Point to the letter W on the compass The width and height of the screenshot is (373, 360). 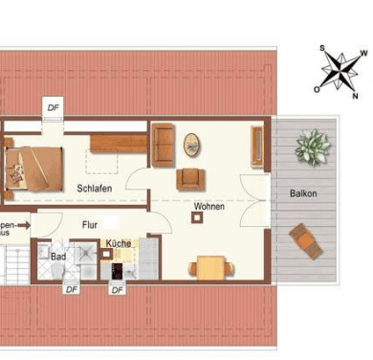362,55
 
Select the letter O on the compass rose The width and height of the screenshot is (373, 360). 317,87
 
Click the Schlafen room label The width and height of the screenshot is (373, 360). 95,189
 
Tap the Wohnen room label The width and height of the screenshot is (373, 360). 208,207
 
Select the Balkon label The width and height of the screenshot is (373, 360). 303,193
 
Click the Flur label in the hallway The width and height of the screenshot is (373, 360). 89,226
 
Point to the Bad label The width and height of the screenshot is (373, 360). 57,257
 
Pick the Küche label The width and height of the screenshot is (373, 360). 119,244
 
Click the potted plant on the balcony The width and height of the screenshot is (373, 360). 312,147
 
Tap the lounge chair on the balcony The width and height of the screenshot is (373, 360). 306,239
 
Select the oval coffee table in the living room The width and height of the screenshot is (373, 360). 192,145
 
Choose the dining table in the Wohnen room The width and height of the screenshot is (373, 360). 209,265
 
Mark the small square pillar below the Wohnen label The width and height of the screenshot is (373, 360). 197,217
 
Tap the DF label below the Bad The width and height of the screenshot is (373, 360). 71,288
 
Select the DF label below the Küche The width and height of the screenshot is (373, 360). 117,288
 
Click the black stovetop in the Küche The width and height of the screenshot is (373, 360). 118,270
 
